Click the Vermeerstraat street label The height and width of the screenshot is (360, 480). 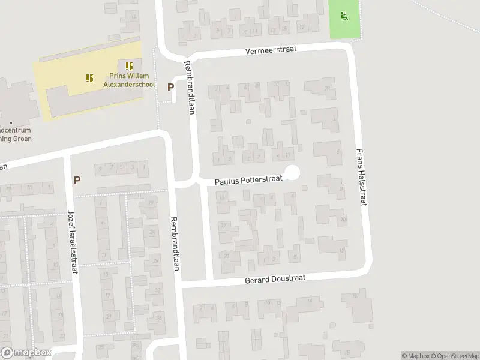click(271, 51)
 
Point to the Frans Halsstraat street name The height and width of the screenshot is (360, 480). click(361, 178)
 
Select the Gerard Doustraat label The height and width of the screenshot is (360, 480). click(275, 280)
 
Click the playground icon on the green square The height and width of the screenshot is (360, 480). click(344, 16)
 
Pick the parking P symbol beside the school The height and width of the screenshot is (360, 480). click(171, 87)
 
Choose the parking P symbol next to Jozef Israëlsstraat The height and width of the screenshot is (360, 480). click(77, 179)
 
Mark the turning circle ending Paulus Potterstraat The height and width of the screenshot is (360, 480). click(292, 173)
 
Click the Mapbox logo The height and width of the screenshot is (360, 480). click(26, 353)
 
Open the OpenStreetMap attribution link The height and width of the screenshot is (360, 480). click(455, 356)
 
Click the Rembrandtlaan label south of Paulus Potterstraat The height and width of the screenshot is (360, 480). click(176, 244)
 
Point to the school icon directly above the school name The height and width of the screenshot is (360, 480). click(128, 66)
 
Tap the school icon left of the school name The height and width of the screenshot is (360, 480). click(90, 78)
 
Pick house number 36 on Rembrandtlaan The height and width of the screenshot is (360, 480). click(158, 317)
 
